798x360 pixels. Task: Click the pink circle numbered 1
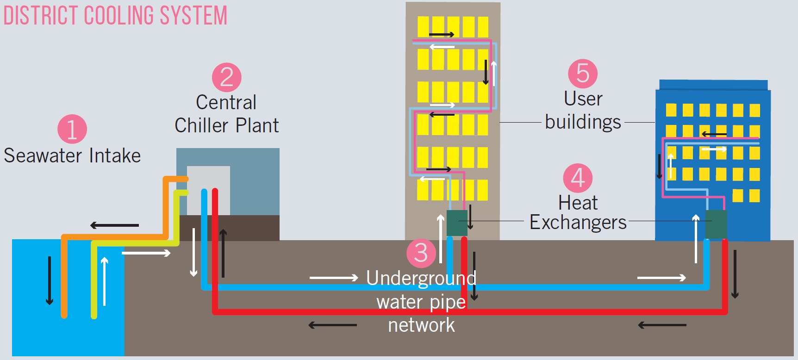(72, 129)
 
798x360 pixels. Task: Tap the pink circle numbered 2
(227, 77)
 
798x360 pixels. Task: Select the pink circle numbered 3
(421, 253)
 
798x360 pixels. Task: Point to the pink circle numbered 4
(578, 178)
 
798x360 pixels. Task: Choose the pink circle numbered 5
(583, 74)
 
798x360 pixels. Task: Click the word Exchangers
(578, 223)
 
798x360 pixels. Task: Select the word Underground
(421, 278)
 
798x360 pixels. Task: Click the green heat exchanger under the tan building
(457, 223)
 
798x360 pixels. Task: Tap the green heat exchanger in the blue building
(716, 224)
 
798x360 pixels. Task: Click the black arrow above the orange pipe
(114, 225)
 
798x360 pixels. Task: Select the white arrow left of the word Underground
(334, 278)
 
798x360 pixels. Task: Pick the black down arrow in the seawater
(50, 280)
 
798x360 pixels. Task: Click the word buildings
(583, 122)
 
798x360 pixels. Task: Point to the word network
(421, 325)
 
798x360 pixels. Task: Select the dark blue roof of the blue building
(713, 85)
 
